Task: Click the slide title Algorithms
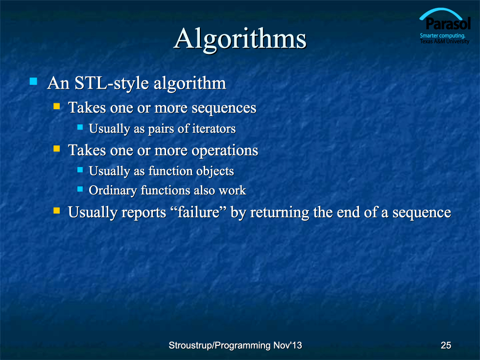240,40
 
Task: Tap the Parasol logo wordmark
448,24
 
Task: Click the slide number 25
446,345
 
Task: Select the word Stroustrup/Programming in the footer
219,345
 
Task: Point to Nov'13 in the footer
288,345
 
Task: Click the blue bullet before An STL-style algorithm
33,81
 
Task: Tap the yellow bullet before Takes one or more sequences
56,106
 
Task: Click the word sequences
224,108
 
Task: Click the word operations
225,151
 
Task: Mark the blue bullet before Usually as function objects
80,169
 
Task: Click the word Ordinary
113,191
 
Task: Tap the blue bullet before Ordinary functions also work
80,189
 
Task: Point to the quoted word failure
199,212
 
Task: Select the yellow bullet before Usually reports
56,210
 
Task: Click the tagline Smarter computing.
442,35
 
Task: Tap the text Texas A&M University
445,41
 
